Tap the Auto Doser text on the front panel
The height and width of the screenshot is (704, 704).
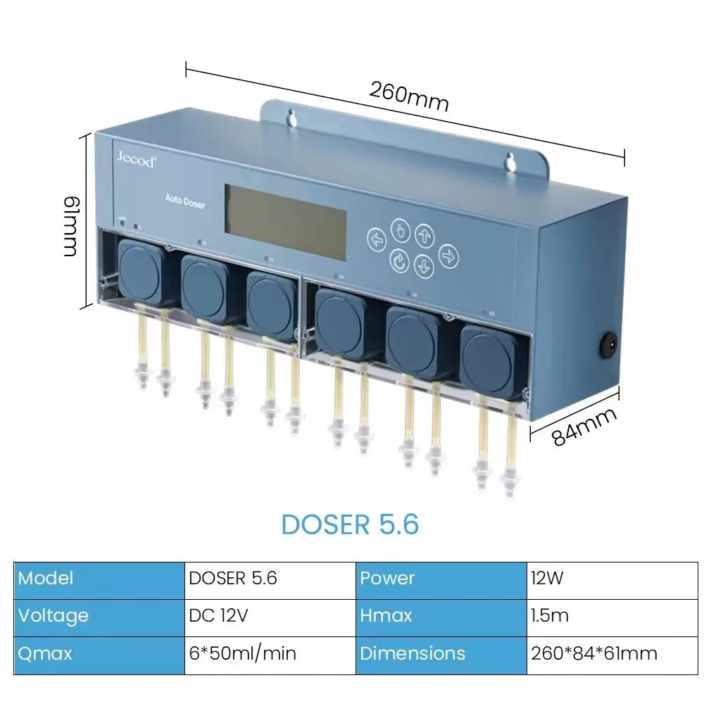[185, 201]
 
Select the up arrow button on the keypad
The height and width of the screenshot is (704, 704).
[424, 234]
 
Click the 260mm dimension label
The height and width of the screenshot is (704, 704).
[408, 96]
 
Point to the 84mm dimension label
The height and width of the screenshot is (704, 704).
[584, 427]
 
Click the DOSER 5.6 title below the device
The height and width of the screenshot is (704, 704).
[350, 524]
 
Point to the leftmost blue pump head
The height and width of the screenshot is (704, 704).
[140, 270]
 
